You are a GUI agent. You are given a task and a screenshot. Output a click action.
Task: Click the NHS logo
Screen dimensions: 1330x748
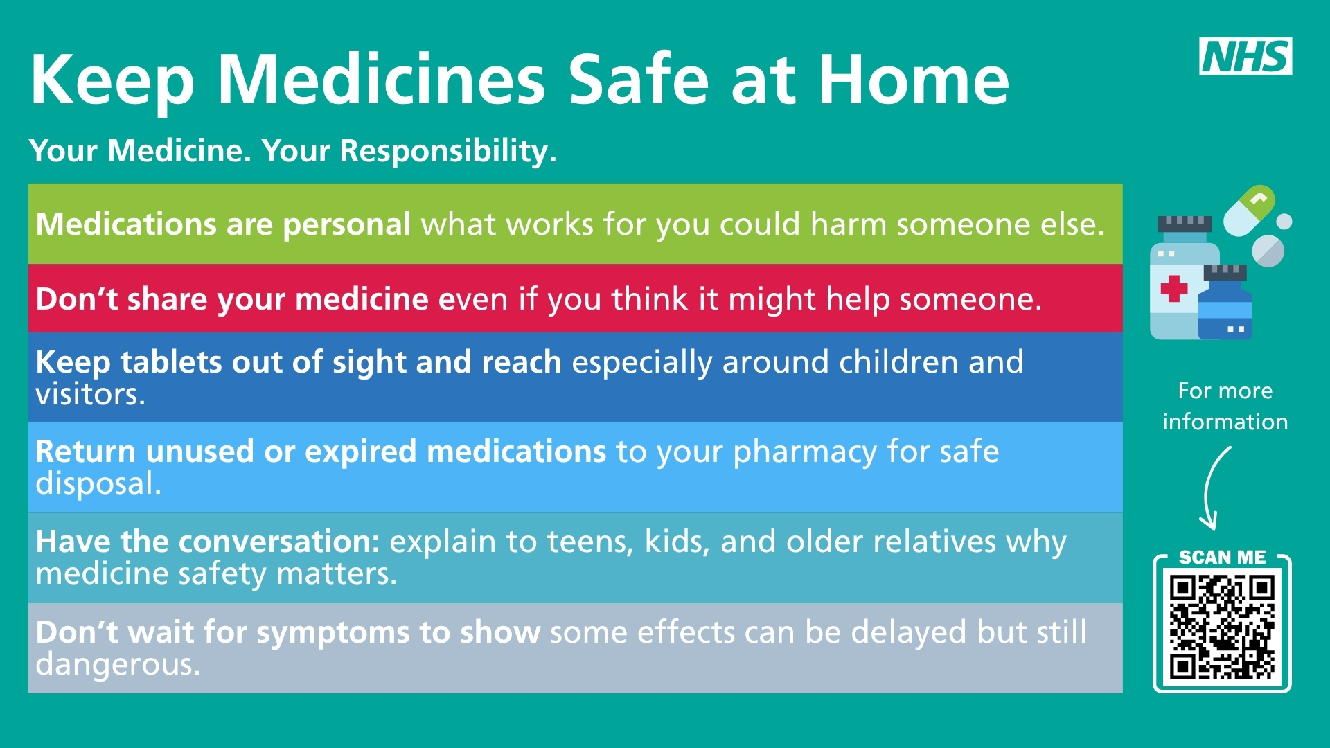[1245, 56]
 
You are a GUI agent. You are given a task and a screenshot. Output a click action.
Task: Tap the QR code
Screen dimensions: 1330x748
[1223, 629]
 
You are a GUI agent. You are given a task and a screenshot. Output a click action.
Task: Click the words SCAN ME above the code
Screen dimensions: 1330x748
[1222, 558]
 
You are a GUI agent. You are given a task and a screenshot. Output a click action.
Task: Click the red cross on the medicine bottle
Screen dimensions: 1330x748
[1174, 289]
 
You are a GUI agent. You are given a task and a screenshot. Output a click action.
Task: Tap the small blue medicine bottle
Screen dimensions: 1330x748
[1225, 302]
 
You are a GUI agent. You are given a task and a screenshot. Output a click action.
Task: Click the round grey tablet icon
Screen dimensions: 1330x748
[1268, 251]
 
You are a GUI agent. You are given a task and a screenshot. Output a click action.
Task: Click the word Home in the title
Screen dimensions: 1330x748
[913, 80]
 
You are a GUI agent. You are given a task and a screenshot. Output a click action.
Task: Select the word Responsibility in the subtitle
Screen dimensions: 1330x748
[448, 152]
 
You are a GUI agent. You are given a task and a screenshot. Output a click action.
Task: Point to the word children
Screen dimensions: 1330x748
[898, 362]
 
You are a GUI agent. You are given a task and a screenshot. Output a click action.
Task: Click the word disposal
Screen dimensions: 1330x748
[98, 483]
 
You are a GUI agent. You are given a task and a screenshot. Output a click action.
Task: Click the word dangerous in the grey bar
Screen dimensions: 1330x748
[118, 664]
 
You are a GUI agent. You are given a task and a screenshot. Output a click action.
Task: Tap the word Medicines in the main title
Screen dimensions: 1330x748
[382, 80]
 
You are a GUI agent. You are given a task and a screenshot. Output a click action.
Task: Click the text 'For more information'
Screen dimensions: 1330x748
[1225, 407]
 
